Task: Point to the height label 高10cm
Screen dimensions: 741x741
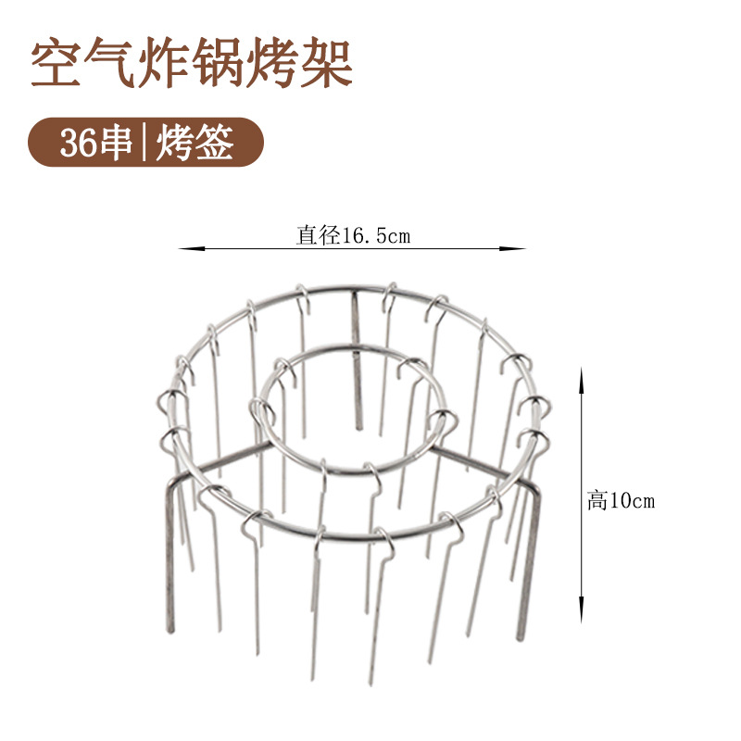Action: [621, 501]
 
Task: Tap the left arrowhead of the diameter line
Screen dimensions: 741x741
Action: [183, 248]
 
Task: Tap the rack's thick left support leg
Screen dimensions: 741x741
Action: [170, 556]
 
